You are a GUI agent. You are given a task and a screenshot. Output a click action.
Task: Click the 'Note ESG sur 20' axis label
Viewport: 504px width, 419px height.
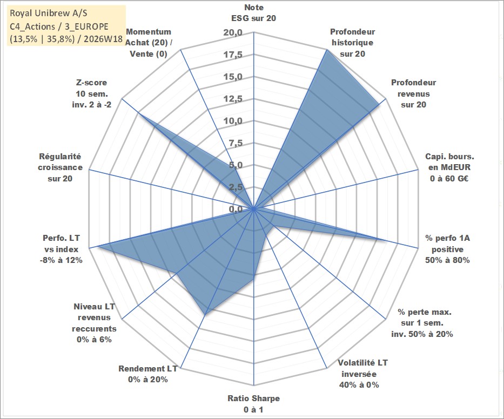[x=253, y=13]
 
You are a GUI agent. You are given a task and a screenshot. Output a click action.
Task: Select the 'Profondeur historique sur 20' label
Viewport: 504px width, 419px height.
[x=352, y=43]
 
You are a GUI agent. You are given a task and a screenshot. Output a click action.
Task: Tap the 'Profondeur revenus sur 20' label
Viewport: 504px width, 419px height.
[x=413, y=93]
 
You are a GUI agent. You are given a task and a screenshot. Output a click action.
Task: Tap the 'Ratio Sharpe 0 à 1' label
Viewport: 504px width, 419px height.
[x=253, y=404]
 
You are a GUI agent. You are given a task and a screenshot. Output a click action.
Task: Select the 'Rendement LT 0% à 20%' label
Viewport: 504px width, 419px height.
[x=148, y=374]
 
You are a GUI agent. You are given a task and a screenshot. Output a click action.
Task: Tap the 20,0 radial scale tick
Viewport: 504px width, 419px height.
[x=233, y=33]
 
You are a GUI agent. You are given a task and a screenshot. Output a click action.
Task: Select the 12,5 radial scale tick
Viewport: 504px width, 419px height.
[x=233, y=99]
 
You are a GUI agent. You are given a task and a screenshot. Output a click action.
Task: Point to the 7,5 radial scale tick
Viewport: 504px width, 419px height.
[x=236, y=143]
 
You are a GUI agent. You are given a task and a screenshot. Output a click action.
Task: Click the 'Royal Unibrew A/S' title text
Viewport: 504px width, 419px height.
[x=49, y=13]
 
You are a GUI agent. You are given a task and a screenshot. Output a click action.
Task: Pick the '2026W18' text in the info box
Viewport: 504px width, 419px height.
[x=103, y=39]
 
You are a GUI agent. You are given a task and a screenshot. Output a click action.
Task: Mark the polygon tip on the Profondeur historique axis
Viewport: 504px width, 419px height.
[x=327, y=50]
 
